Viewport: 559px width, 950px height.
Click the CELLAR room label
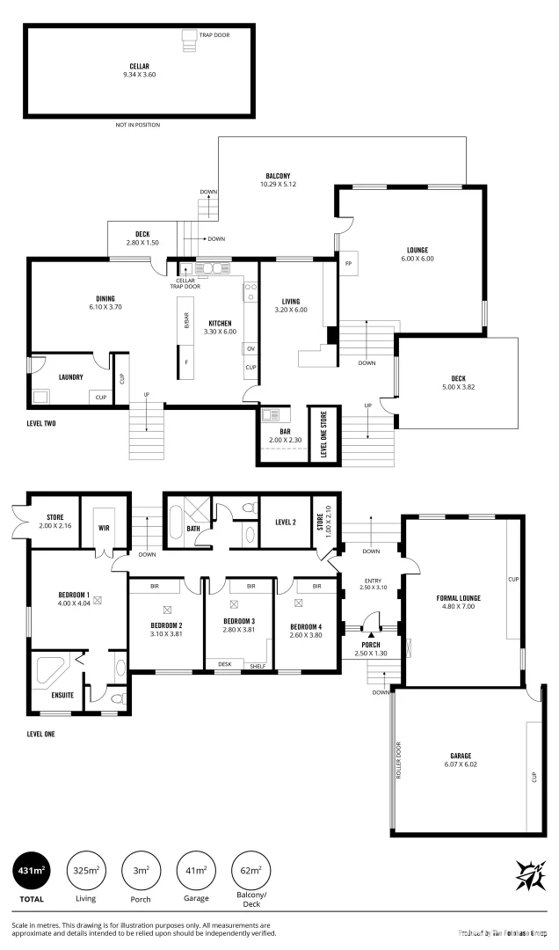point(138,66)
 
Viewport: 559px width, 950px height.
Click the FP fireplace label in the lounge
point(349,264)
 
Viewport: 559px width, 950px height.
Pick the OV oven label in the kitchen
point(250,348)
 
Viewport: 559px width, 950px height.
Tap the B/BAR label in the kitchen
point(186,322)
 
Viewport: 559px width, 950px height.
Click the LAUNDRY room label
point(71,377)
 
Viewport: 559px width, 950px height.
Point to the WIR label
point(104,528)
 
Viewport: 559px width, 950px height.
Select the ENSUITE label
point(51,694)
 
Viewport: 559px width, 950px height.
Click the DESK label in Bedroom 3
point(225,664)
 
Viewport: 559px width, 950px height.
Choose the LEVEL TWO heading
point(41,423)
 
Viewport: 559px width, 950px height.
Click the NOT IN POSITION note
point(138,125)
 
